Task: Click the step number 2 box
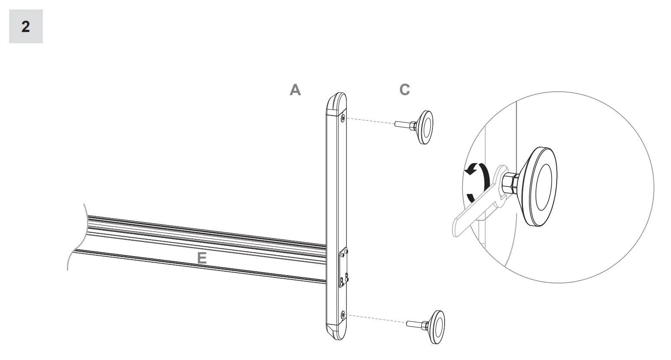point(26,27)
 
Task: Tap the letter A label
point(295,90)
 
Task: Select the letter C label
point(404,90)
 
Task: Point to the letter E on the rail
point(202,258)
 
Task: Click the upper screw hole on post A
point(343,117)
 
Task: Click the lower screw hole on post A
point(343,315)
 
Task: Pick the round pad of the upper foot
point(425,127)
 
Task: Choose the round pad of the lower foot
point(437,327)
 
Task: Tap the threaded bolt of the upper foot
point(403,125)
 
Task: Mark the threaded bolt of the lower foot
point(415,323)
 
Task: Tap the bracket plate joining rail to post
point(344,268)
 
